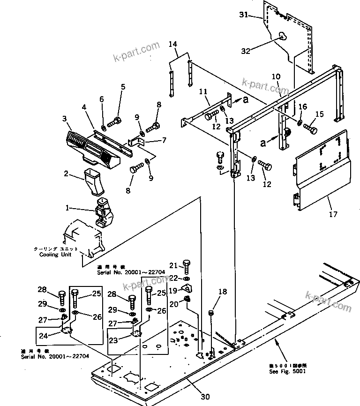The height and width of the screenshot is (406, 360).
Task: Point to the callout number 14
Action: (x=173, y=45)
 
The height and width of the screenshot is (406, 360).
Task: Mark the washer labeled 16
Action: (x=298, y=123)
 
